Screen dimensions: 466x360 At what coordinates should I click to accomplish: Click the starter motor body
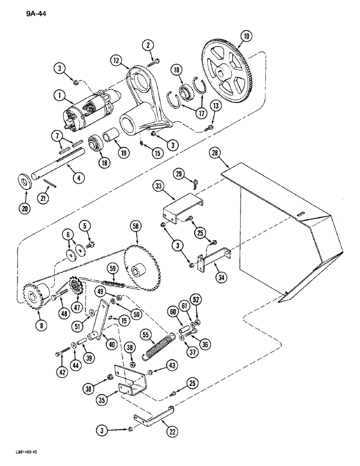(91, 112)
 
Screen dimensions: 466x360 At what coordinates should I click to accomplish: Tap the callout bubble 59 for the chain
(113, 269)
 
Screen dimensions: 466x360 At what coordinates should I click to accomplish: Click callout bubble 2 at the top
(148, 45)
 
